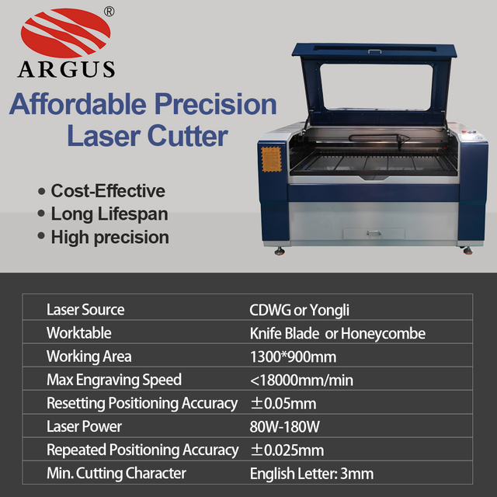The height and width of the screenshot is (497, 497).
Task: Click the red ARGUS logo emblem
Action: (x=65, y=34)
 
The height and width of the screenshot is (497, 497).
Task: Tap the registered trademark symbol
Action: (x=109, y=12)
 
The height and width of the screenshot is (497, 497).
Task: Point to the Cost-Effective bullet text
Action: (x=108, y=191)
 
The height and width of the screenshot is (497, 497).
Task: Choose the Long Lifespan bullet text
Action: (x=109, y=214)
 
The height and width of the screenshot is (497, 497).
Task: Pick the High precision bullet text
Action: (x=109, y=237)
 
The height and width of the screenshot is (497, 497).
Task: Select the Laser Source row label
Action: (x=85, y=310)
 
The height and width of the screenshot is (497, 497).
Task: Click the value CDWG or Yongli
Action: (x=300, y=310)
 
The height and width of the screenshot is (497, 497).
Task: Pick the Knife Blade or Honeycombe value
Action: (x=338, y=333)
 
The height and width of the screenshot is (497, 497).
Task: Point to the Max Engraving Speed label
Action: (x=114, y=380)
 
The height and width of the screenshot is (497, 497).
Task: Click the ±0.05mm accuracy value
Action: (x=283, y=403)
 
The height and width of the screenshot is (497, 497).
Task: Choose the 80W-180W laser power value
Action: (x=284, y=426)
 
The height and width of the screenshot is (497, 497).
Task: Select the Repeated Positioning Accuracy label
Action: (x=142, y=450)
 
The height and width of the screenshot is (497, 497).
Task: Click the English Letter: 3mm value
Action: (x=311, y=473)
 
